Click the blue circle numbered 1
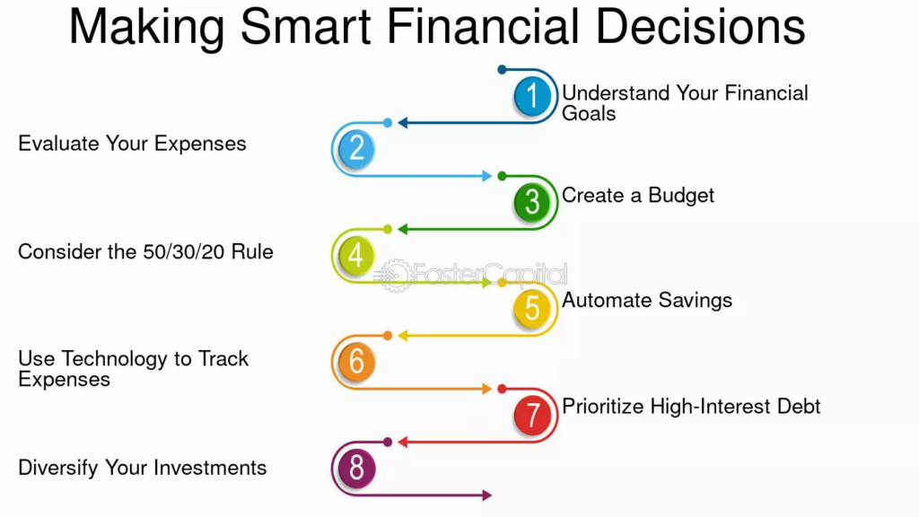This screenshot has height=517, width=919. click(x=532, y=95)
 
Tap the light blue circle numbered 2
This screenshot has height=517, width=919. click(x=356, y=148)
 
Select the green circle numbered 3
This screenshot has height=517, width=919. click(x=532, y=202)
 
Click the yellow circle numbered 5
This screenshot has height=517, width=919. click(x=532, y=309)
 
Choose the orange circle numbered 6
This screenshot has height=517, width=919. click(x=356, y=361)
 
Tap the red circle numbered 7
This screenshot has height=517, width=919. click(x=532, y=415)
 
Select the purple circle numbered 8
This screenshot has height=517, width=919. click(x=356, y=468)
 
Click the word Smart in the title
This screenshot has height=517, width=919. click(x=305, y=26)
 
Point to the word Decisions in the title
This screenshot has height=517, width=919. click(x=700, y=26)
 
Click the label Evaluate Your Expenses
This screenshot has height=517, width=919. click(x=132, y=145)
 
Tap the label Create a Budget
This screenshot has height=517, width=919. click(x=638, y=195)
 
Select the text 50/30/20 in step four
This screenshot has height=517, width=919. click(x=184, y=252)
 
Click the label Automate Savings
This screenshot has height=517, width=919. click(x=647, y=301)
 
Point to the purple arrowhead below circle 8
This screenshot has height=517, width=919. click(x=487, y=495)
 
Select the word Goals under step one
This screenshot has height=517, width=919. click(x=589, y=114)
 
